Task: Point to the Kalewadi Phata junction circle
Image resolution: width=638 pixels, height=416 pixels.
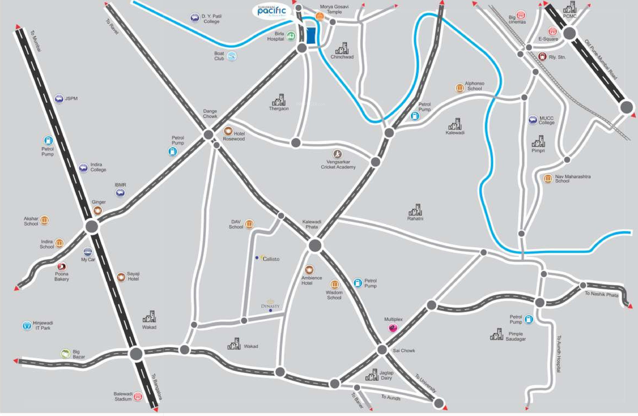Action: tap(315, 245)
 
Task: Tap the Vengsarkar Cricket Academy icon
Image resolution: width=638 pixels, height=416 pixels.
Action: tap(338, 154)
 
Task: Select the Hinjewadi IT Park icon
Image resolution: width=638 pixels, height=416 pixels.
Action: tap(27, 325)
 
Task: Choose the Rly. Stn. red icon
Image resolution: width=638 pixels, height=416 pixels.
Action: tap(543, 57)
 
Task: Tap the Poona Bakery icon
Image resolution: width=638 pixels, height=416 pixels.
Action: tap(62, 266)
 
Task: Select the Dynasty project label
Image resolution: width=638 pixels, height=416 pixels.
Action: tap(270, 306)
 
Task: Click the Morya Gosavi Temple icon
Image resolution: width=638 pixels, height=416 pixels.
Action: tap(319, 17)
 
